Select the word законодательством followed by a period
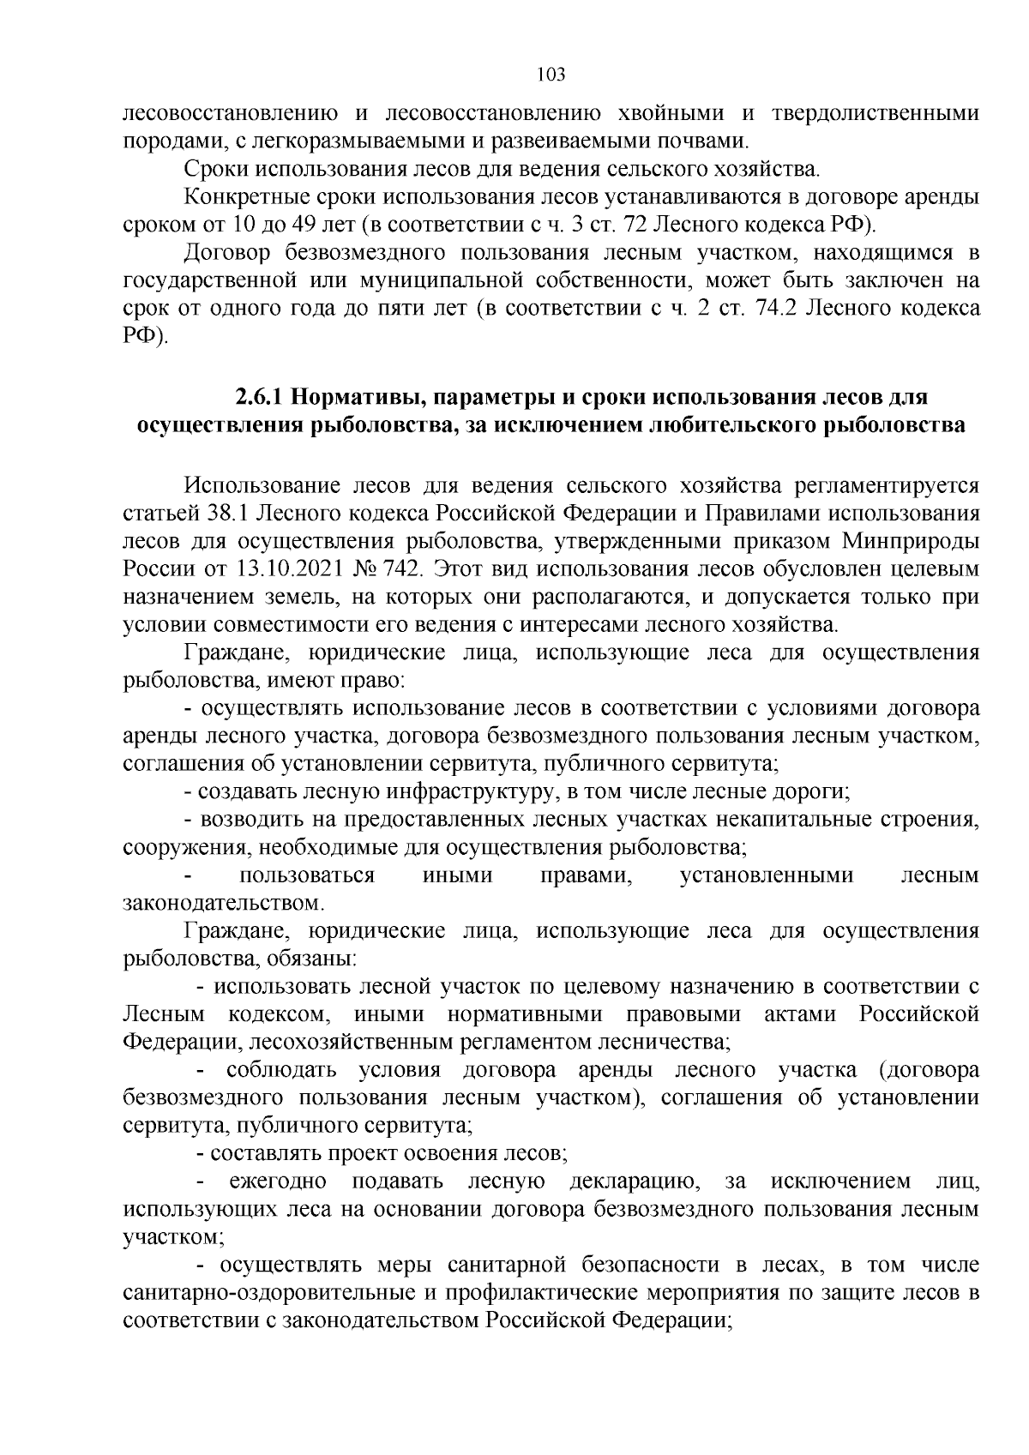221,903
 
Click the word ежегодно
278,1181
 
